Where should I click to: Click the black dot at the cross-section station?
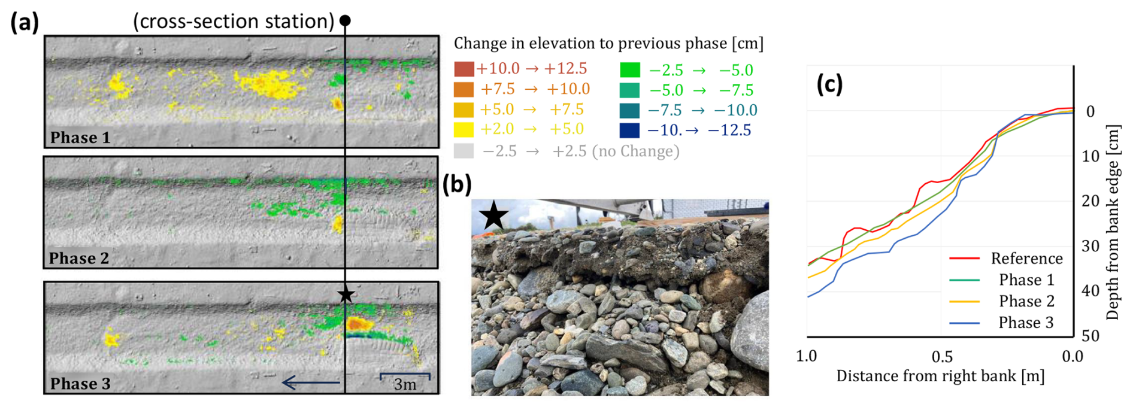pos(345,20)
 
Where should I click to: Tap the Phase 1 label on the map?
pos(80,138)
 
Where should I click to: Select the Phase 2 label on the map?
pos(79,258)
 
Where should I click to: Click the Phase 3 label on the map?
pos(80,383)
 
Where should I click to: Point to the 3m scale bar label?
pos(405,384)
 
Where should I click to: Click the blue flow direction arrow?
pos(311,382)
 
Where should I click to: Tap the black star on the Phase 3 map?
pos(346,294)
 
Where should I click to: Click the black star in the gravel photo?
pos(494,215)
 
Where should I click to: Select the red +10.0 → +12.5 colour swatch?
pos(463,69)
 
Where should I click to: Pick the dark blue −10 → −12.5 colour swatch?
pos(629,130)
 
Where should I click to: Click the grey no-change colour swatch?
pos(463,151)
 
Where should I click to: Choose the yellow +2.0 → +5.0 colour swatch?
pos(463,129)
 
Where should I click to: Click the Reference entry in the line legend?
pos(1026,258)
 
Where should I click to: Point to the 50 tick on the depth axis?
pos(1090,335)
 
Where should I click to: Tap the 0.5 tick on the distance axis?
pos(941,357)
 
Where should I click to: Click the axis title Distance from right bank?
pos(940,376)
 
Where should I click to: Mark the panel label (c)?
pos(829,84)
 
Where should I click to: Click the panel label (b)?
pos(456,184)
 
